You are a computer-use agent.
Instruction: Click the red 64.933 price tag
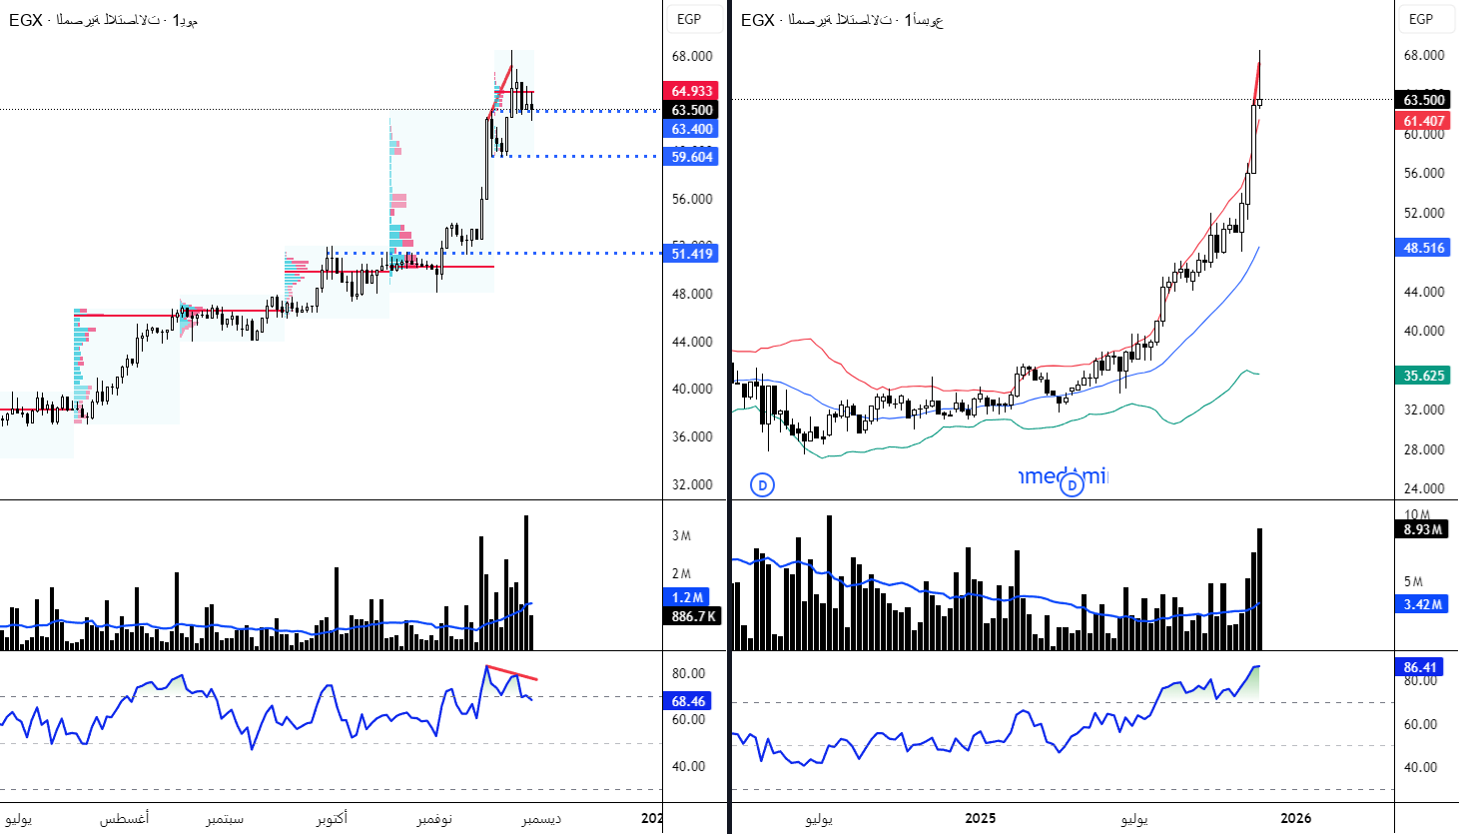[692, 91]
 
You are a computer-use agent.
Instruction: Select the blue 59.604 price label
[692, 157]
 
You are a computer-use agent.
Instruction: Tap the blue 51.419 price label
[692, 254]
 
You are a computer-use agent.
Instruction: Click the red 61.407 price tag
[1424, 121]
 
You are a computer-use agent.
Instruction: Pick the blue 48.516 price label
[1424, 248]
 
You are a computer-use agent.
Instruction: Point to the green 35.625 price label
[1424, 376]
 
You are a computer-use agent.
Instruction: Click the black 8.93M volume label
[1422, 529]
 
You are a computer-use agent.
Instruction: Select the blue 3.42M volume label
[1422, 604]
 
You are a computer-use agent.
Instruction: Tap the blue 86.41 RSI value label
[1420, 667]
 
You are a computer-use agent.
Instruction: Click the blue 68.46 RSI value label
[688, 701]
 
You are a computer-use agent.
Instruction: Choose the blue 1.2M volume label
[688, 597]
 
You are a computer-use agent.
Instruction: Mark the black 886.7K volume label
[693, 616]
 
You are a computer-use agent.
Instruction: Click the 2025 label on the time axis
[980, 818]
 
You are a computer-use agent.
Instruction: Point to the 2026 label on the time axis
[1295, 818]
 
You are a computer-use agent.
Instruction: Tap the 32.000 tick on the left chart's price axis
[692, 484]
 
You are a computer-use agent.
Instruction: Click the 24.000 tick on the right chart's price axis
[1424, 488]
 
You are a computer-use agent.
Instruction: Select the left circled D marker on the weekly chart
[762, 485]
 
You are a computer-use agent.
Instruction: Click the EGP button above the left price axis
[689, 19]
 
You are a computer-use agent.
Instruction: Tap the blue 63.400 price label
[692, 129]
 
